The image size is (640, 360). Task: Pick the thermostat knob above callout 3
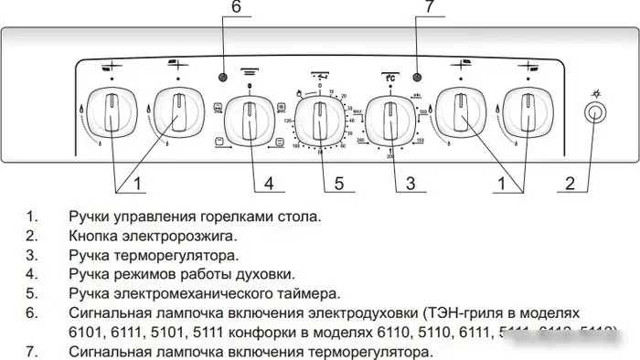point(391,120)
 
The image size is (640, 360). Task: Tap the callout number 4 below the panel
point(269,184)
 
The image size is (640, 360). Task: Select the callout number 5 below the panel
point(338,184)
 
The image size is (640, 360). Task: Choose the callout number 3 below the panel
point(411,184)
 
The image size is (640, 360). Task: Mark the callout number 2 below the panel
point(570,184)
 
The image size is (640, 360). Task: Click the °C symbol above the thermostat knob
point(389,78)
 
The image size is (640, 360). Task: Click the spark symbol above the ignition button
point(596,92)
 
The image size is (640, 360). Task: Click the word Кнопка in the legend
point(93,237)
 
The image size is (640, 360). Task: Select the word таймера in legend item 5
point(307,293)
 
